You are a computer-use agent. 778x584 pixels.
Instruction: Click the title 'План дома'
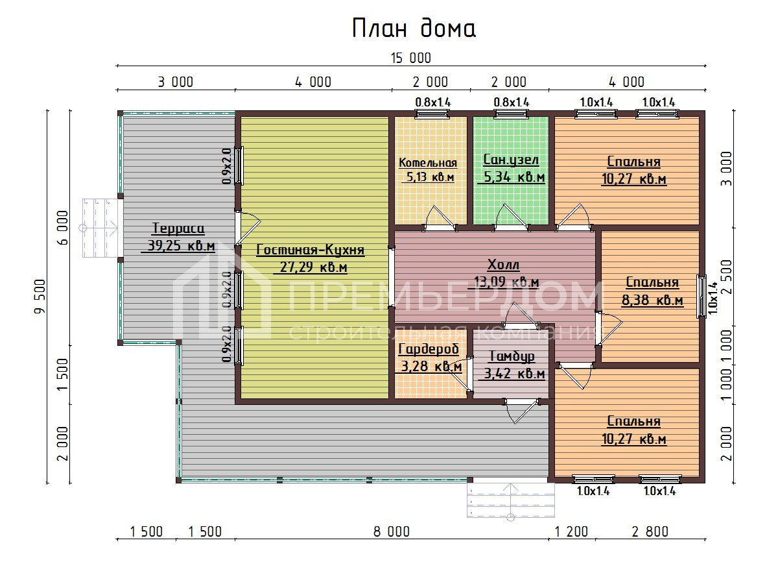click(x=414, y=29)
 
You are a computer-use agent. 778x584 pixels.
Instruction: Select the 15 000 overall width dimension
click(x=410, y=58)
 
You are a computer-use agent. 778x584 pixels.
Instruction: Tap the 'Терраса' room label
click(x=178, y=228)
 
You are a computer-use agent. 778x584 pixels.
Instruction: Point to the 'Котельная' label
click(x=428, y=163)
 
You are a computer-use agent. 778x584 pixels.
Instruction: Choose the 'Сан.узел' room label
click(x=511, y=160)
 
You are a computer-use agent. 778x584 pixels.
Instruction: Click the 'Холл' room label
click(x=504, y=265)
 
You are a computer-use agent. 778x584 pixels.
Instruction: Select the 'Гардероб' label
click(x=429, y=350)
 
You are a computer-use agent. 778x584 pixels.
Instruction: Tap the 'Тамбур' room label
click(x=512, y=356)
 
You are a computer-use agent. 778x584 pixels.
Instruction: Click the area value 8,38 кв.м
click(x=652, y=300)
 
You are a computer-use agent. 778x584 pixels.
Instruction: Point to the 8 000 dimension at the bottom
click(x=391, y=532)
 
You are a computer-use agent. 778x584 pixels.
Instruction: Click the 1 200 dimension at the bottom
click(x=572, y=532)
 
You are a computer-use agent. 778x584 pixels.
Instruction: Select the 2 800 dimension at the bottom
click(x=649, y=532)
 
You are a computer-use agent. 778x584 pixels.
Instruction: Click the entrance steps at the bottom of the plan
click(x=511, y=498)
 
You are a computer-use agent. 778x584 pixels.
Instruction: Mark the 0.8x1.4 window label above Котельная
click(x=432, y=102)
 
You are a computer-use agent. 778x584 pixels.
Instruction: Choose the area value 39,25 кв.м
click(x=178, y=246)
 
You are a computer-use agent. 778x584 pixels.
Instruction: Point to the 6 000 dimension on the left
click(x=63, y=226)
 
